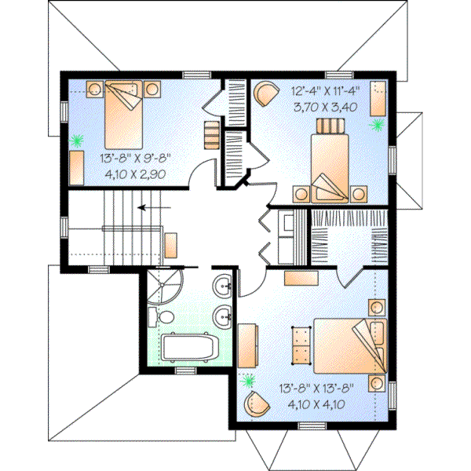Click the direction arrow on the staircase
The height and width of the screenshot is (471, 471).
tap(149, 208)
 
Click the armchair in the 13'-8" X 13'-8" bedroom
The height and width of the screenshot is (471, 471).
tap(256, 405)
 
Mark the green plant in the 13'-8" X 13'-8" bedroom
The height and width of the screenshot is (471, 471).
tap(250, 382)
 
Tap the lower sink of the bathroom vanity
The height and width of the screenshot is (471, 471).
tap(223, 317)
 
